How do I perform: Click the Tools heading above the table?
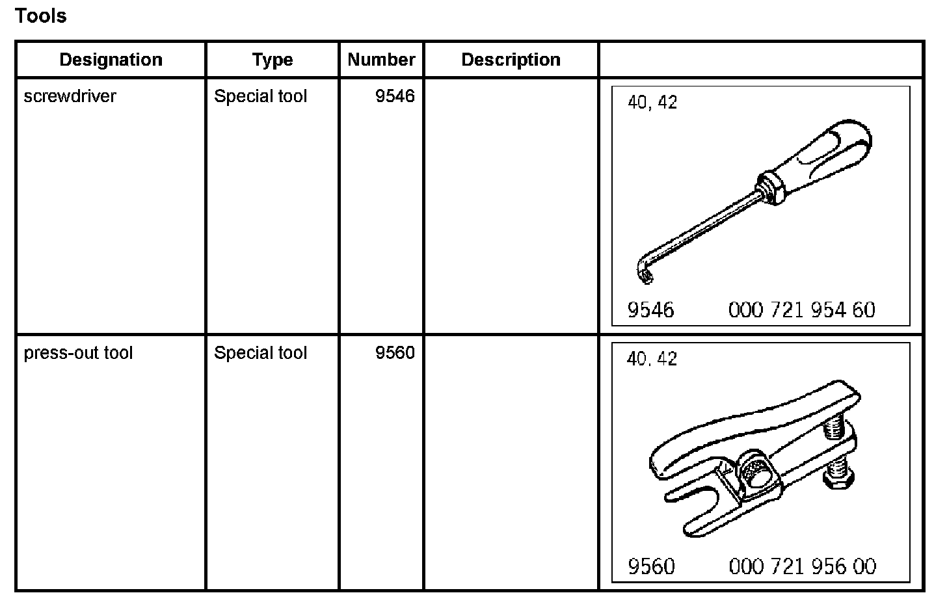40,16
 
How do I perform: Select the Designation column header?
111,60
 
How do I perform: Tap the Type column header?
273,60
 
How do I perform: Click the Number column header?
381,60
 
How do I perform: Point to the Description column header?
511,60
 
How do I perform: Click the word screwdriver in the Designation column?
70,96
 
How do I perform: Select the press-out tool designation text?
78,353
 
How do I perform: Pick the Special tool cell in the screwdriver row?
260,96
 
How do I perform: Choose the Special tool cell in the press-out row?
260,353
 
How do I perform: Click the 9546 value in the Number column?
395,96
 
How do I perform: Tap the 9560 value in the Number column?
395,353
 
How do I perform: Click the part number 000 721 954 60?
801,310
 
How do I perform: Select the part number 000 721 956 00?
802,567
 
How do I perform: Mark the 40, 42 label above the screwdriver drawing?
652,103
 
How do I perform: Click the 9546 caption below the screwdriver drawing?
650,310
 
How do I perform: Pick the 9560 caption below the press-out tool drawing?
651,567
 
